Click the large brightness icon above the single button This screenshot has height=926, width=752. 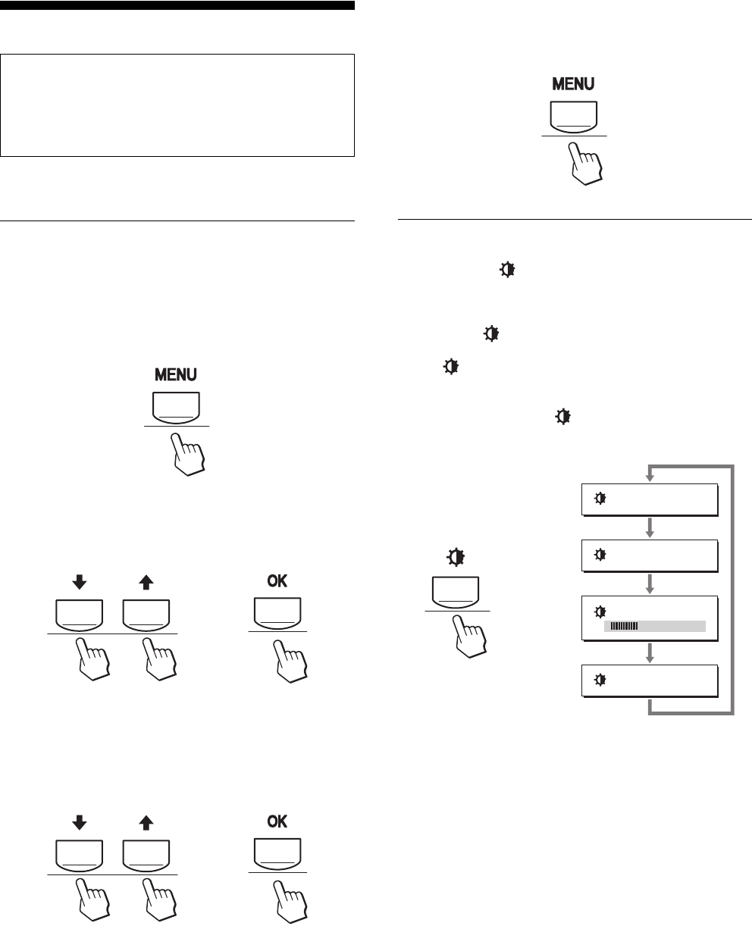(456, 557)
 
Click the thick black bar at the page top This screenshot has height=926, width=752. (177, 6)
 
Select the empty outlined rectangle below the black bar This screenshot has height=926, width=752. (177, 105)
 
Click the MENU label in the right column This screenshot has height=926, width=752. (573, 83)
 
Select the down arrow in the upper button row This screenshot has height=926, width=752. (80, 582)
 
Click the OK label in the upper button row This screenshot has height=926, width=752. (277, 580)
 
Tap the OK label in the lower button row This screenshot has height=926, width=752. (277, 821)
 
